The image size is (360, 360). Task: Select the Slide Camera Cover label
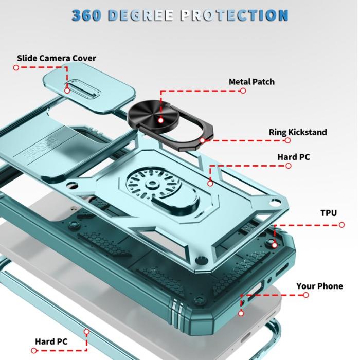tap(57, 58)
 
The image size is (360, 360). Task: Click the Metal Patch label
tap(251, 82)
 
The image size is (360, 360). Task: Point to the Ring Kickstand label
tap(298, 132)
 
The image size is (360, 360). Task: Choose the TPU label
tap(329, 212)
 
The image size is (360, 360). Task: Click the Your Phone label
tap(319, 286)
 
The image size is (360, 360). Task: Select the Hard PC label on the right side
tap(294, 157)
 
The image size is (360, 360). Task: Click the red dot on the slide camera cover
tap(67, 91)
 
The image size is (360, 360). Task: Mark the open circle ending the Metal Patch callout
tap(243, 91)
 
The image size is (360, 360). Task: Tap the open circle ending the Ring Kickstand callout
tap(288, 140)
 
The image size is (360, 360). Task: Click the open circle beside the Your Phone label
tap(306, 295)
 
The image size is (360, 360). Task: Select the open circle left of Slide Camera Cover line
tap(16, 67)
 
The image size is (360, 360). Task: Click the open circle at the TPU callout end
tap(342, 224)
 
